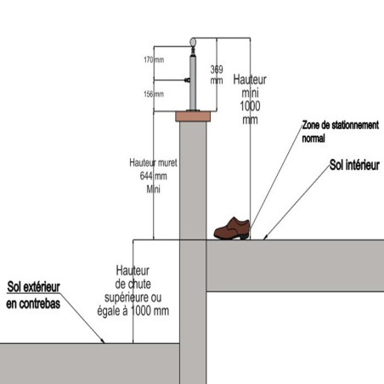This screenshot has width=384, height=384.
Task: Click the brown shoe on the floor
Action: pyautogui.click(x=232, y=229)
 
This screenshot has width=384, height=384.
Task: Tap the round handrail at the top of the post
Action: pyautogui.click(x=193, y=42)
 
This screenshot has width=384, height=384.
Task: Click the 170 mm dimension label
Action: pyautogui.click(x=154, y=59)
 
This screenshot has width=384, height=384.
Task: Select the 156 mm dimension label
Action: pyautogui.click(x=154, y=94)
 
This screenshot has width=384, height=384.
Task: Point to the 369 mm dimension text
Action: pyautogui.click(x=217, y=75)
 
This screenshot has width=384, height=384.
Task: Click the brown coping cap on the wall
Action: pyautogui.click(x=193, y=116)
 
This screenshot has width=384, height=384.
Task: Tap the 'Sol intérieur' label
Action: pyautogui.click(x=354, y=165)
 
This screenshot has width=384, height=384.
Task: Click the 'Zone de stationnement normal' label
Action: pyautogui.click(x=340, y=132)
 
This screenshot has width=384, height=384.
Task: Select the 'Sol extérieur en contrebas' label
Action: pyautogui.click(x=33, y=295)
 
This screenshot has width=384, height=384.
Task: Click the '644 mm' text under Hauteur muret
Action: pyautogui.click(x=153, y=176)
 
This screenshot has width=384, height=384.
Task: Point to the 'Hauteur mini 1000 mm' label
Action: pyautogui.click(x=250, y=99)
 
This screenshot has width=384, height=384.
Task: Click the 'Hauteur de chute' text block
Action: pyautogui.click(x=133, y=291)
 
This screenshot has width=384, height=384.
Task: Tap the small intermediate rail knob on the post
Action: pyautogui.click(x=187, y=80)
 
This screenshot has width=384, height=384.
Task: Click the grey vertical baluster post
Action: pyautogui.click(x=193, y=83)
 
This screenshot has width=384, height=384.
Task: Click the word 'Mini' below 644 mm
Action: pyautogui.click(x=153, y=189)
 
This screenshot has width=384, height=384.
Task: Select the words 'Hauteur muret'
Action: pyautogui.click(x=153, y=162)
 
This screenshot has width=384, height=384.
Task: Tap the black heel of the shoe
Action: pyautogui.click(x=244, y=236)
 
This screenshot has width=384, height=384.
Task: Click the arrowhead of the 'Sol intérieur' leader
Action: pyautogui.click(x=265, y=238)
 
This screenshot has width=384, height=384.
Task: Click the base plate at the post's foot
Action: pyautogui.click(x=193, y=110)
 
